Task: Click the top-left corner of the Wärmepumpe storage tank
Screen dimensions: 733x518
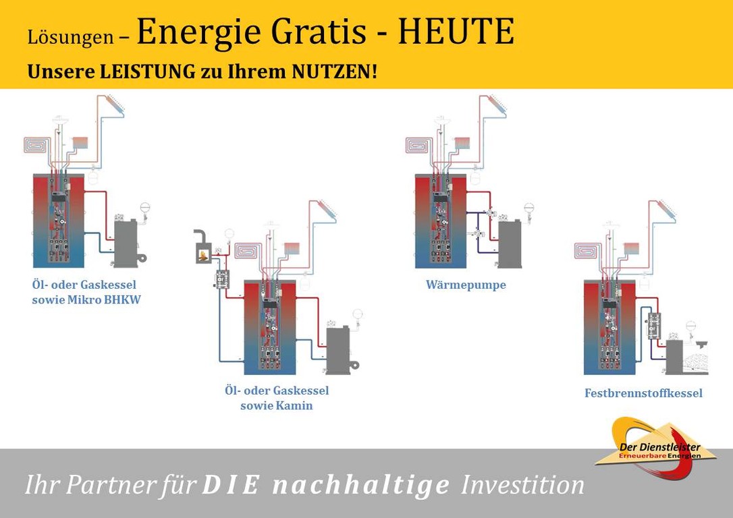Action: [x=415, y=174]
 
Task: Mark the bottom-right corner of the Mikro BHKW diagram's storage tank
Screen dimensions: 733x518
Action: [x=84, y=268]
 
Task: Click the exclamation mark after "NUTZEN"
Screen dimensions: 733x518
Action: [x=374, y=72]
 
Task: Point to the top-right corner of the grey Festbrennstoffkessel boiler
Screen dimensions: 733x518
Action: [x=682, y=341]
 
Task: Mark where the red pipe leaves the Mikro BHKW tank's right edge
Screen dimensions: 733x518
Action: [x=84, y=191]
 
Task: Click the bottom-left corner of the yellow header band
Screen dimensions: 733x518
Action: [x=0, y=88]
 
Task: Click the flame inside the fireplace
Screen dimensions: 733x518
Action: [x=203, y=256]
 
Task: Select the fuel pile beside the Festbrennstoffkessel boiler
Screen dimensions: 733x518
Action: [x=696, y=364]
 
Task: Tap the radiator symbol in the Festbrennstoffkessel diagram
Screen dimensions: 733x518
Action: [x=632, y=248]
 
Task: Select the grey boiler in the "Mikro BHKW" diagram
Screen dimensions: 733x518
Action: [x=126, y=243]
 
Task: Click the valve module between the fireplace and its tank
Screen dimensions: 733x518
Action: [x=221, y=279]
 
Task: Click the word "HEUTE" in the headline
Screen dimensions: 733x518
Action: [x=456, y=32]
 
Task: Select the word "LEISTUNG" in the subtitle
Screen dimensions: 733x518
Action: [x=148, y=72]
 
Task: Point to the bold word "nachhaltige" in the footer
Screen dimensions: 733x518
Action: [x=361, y=485]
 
